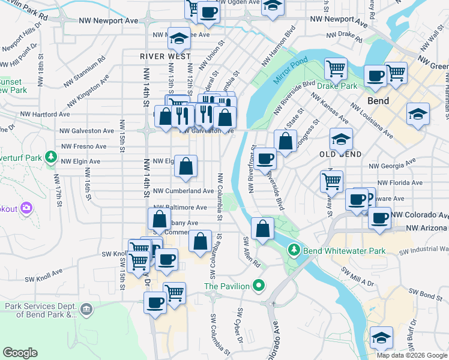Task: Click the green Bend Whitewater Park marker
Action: tap(294, 248)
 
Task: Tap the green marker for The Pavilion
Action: tap(259, 286)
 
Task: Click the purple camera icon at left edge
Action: tap(26, 208)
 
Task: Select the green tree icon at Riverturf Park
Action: tap(51, 157)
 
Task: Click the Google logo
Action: tap(20, 353)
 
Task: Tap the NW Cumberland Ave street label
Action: tap(184, 191)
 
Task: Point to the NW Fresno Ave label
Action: tap(83, 146)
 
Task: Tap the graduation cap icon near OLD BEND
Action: tap(341, 140)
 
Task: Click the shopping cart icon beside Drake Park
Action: tap(336, 68)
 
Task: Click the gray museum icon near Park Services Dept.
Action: tap(86, 310)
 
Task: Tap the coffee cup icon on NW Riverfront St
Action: tap(265, 159)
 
